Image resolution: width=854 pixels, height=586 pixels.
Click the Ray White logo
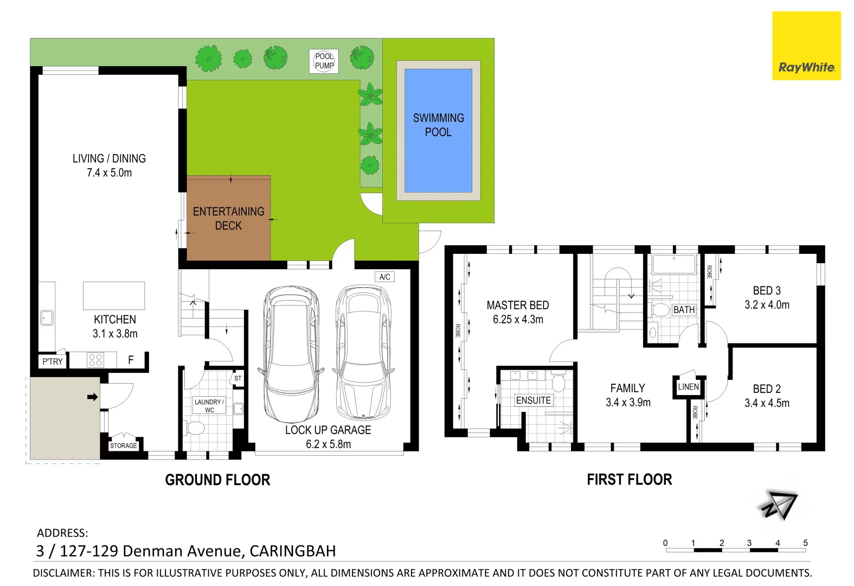pyautogui.click(x=806, y=46)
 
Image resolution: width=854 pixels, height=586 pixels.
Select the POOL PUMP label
pyautogui.click(x=324, y=61)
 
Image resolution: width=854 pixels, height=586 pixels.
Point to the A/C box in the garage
pyautogui.click(x=384, y=277)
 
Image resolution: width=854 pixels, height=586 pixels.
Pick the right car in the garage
pyautogui.click(x=363, y=353)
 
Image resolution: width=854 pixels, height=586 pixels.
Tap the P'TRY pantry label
pyautogui.click(x=53, y=361)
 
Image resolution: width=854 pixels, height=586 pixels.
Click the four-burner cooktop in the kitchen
pyautogui.click(x=95, y=360)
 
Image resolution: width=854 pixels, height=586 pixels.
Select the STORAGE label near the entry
pyautogui.click(x=124, y=445)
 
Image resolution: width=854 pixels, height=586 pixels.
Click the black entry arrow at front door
pyautogui.click(x=92, y=397)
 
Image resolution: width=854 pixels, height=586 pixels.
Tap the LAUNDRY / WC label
pyautogui.click(x=209, y=406)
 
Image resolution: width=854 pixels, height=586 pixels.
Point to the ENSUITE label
pyautogui.click(x=534, y=400)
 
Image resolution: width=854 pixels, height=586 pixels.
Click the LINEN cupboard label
pyautogui.click(x=688, y=387)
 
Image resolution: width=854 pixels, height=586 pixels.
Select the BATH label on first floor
pyautogui.click(x=684, y=310)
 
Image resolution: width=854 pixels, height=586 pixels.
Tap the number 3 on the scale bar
pyautogui.click(x=749, y=543)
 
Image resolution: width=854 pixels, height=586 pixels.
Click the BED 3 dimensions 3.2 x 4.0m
pyautogui.click(x=767, y=305)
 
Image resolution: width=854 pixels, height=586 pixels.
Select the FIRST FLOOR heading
pyautogui.click(x=629, y=480)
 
